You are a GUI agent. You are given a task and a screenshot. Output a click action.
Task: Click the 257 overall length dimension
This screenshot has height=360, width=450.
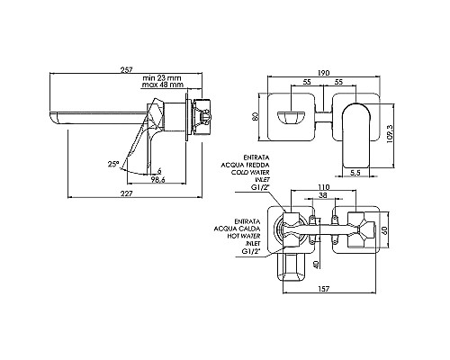coord(126,69)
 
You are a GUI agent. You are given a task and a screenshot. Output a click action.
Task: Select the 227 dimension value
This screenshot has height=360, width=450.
coord(126,193)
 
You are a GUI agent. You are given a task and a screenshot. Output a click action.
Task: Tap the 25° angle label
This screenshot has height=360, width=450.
coord(113,164)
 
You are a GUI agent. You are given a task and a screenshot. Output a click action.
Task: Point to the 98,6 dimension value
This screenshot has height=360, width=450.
coord(158,179)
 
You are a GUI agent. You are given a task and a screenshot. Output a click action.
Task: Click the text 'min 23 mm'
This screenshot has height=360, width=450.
coord(162,78)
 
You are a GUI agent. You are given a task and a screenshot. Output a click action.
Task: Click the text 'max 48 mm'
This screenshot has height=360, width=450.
coord(162,85)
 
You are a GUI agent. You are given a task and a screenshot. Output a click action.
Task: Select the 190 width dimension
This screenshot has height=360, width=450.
coord(324,73)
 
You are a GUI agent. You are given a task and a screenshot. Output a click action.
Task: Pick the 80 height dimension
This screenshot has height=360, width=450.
coord(256,116)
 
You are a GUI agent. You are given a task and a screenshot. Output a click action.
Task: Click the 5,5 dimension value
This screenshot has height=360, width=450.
coord(355,173)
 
